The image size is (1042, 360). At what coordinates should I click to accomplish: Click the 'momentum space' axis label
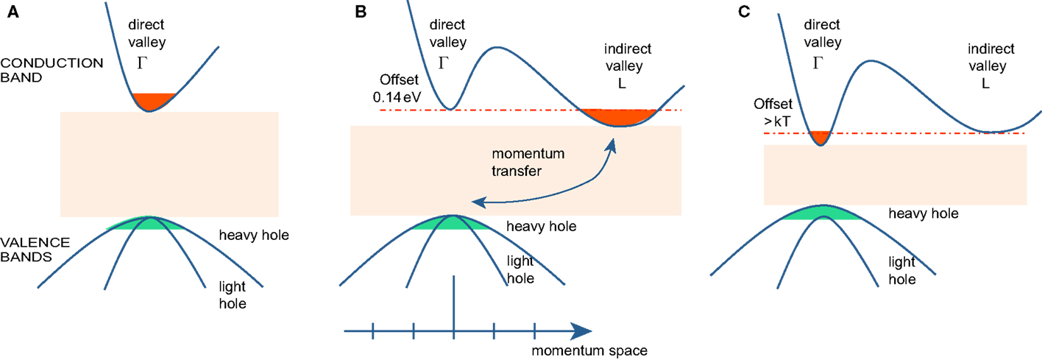[x=589, y=350]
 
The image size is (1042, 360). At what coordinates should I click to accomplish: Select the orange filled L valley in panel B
[x=617, y=117]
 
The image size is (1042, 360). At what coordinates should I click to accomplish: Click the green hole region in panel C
[x=821, y=213]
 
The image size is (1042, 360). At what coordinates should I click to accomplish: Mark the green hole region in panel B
[x=451, y=223]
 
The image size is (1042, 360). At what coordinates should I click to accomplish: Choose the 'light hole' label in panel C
[x=901, y=270]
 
